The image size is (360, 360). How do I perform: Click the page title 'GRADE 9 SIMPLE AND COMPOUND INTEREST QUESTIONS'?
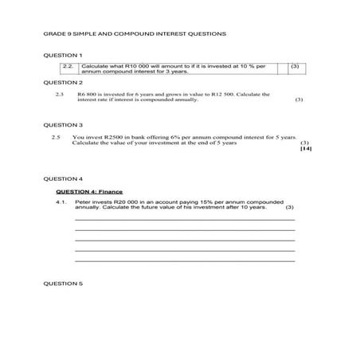click(135, 33)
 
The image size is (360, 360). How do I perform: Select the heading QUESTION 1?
click(63, 55)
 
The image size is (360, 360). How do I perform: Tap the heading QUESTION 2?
click(63, 82)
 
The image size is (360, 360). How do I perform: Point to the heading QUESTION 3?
click(63, 125)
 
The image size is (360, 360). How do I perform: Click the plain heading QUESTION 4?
click(63, 178)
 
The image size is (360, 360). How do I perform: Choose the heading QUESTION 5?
click(63, 283)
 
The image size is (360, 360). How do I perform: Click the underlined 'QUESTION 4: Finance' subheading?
click(88, 192)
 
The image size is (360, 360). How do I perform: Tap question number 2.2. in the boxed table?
click(68, 65)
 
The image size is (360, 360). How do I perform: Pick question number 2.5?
click(57, 137)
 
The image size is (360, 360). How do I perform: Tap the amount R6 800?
click(87, 94)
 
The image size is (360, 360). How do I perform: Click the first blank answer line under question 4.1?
click(185, 220)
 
